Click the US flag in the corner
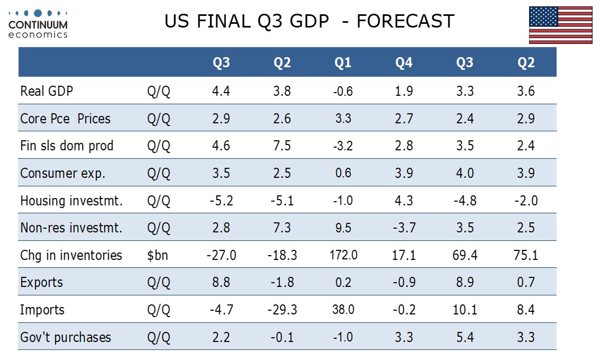tap(560, 25)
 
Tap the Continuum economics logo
tap(38, 24)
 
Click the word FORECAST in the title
tap(405, 21)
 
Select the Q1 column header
tap(343, 63)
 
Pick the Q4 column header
tap(404, 63)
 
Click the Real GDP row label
tap(47, 91)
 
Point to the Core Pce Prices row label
tap(65, 118)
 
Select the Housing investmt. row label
tap(71, 201)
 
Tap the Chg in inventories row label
tap(71, 255)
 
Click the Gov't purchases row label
tap(66, 337)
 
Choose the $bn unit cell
tap(157, 255)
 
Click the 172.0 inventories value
tap(343, 255)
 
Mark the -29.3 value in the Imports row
tap(282, 310)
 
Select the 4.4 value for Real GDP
tap(221, 91)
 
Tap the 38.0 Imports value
tap(343, 310)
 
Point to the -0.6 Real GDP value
tap(343, 91)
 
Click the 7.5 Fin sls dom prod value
tap(282, 146)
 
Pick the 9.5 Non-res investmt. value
tap(343, 228)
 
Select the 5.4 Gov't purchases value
tap(465, 337)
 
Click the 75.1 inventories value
tap(526, 255)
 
